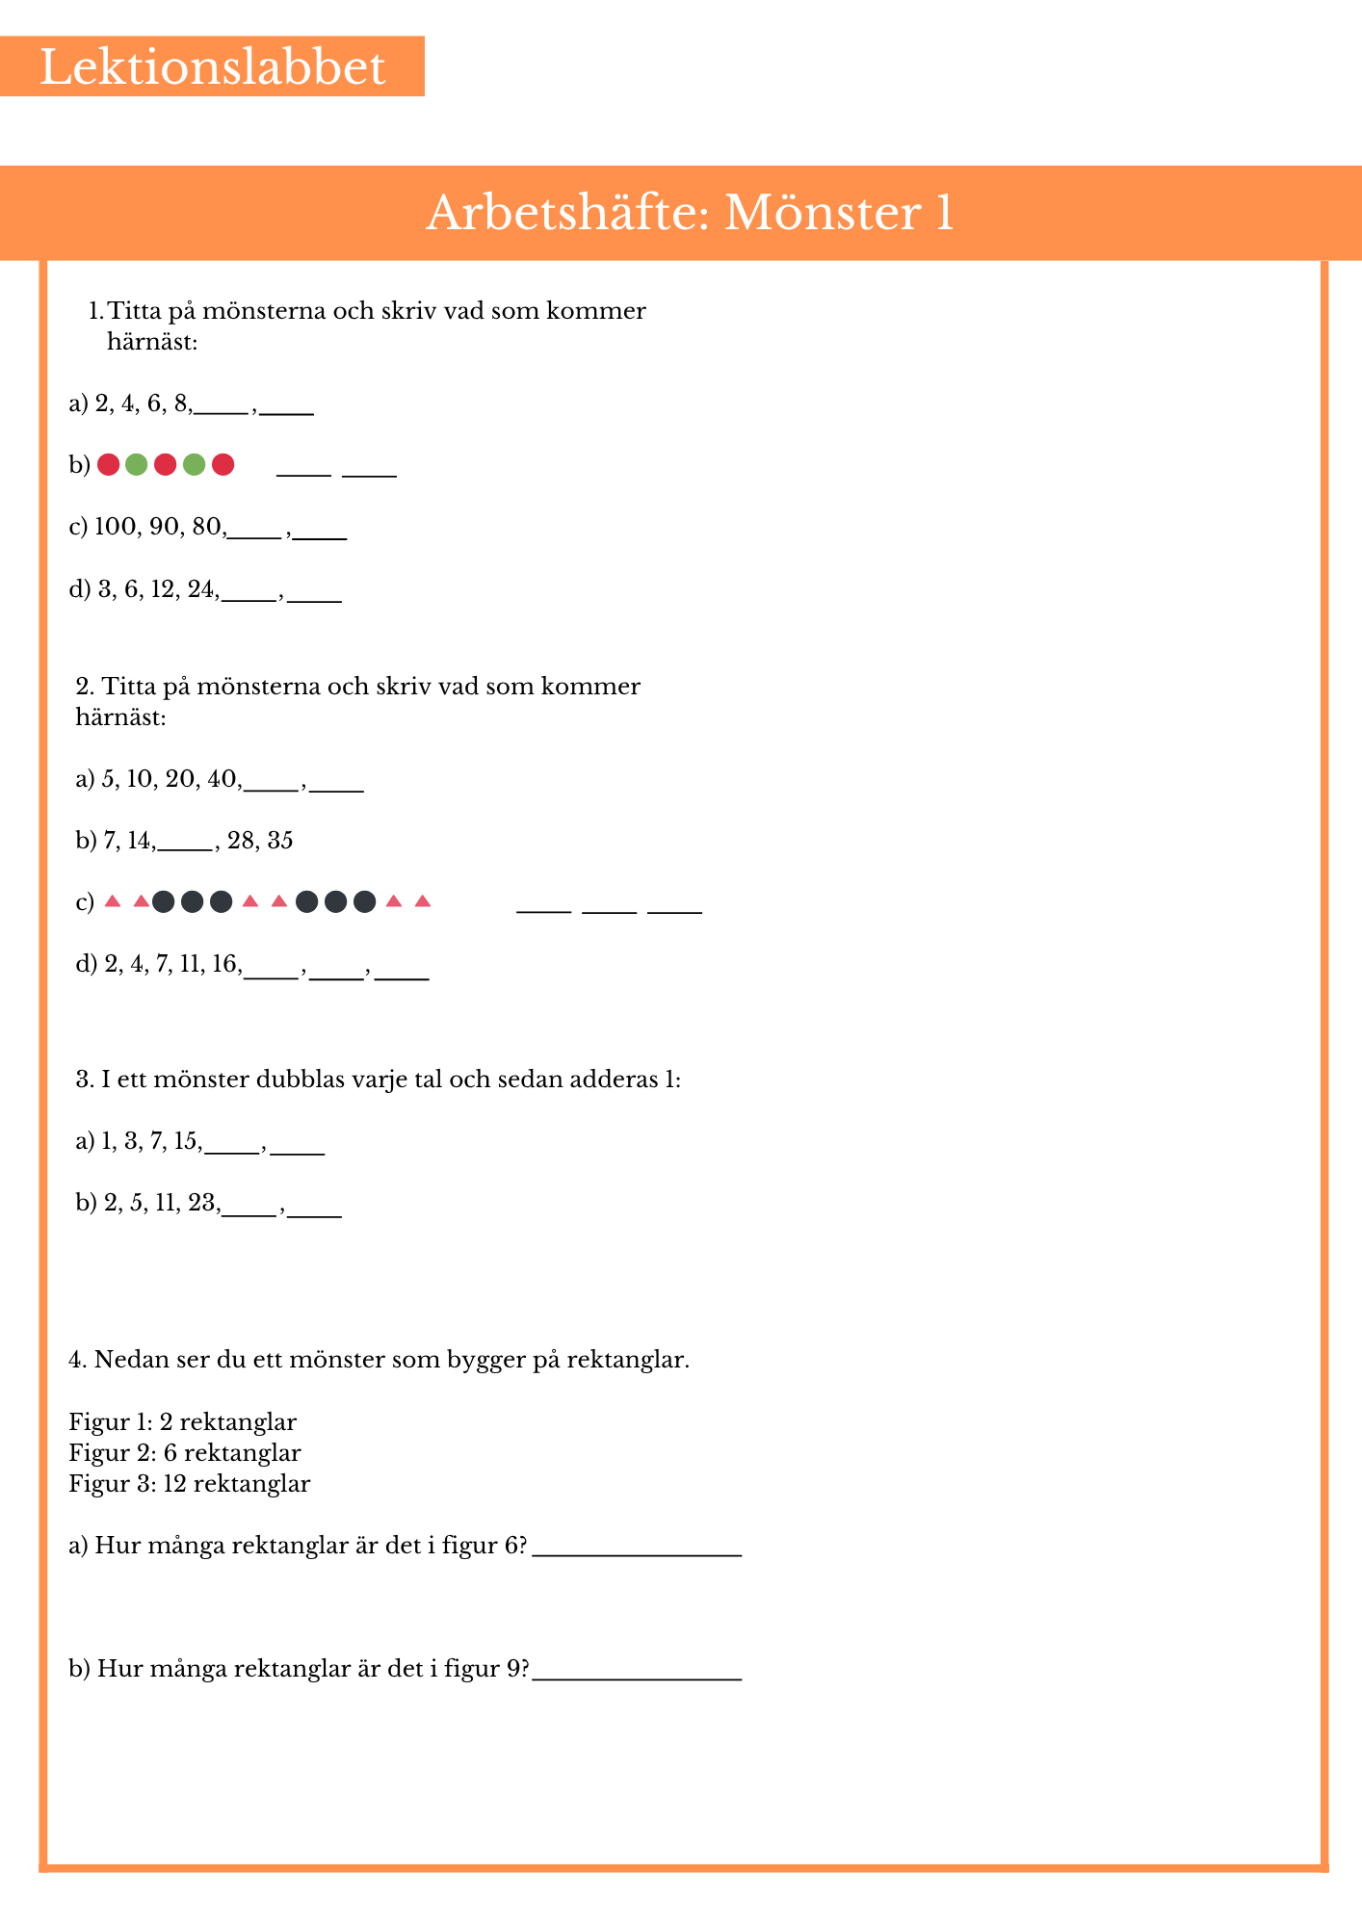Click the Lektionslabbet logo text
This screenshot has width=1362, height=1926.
coord(212,67)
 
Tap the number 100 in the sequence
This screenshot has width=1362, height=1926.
coord(116,527)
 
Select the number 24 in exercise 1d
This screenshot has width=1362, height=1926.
coord(201,589)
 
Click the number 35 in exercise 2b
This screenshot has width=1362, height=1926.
coord(280,841)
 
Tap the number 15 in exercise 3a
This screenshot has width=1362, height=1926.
coord(186,1142)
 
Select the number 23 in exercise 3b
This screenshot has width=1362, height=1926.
coord(202,1203)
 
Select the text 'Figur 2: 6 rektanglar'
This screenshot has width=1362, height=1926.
coord(185,1452)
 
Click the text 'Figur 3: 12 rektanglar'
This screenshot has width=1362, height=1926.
coord(190,1483)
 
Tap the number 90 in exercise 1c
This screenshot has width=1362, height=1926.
coord(164,527)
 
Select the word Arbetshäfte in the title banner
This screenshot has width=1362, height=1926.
coord(567,213)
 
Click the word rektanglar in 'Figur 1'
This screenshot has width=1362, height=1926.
coord(238,1421)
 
